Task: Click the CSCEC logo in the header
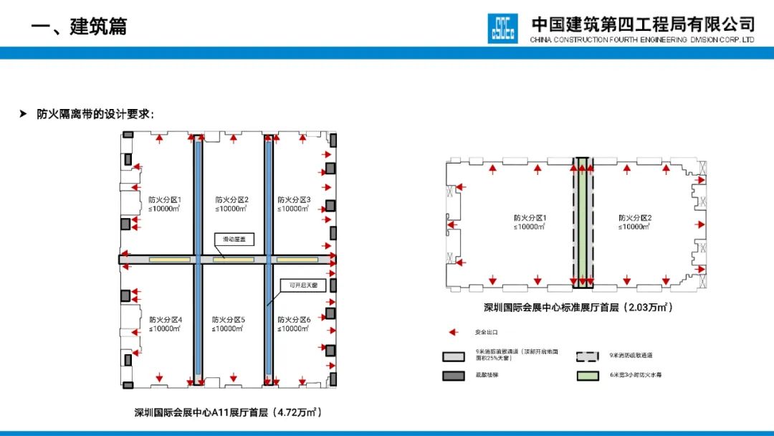502,29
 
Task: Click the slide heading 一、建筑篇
79,27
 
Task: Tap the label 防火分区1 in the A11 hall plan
165,200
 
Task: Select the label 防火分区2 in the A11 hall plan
231,200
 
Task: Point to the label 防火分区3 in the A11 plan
294,200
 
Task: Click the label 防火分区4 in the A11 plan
165,320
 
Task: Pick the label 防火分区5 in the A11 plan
229,320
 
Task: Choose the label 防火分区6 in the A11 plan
294,320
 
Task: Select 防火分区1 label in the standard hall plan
530,218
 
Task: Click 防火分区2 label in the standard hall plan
635,218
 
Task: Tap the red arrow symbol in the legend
453,333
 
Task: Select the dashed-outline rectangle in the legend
591,355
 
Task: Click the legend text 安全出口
484,333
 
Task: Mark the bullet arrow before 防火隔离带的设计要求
24,113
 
